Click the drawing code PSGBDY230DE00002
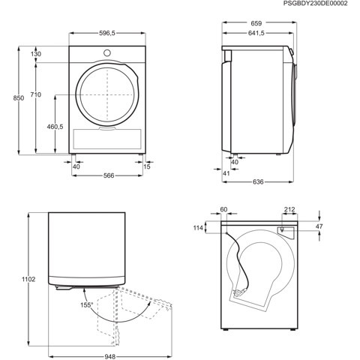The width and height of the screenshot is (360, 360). point(316,4)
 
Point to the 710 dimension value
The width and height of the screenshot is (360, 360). point(36,94)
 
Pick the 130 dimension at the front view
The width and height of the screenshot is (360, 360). point(36,55)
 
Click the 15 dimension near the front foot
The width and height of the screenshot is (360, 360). point(147,166)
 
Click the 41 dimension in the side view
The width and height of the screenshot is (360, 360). point(225,174)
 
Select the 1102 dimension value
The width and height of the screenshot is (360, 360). point(8,279)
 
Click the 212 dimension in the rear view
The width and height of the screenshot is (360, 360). point(289,211)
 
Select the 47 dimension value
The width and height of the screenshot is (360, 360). point(318,226)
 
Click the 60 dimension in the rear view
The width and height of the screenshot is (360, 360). point(223,211)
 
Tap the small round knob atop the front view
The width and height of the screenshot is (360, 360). point(106,53)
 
